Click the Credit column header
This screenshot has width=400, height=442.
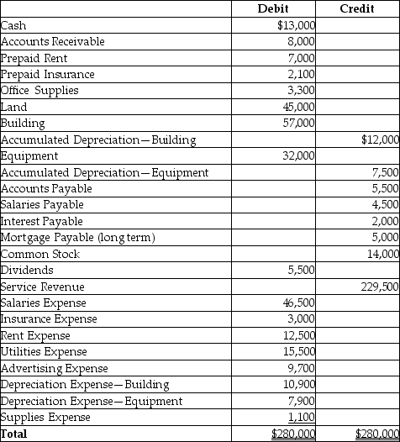click(x=357, y=8)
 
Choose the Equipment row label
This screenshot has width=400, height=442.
click(x=29, y=155)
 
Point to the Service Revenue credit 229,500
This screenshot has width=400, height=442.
click(x=378, y=287)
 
